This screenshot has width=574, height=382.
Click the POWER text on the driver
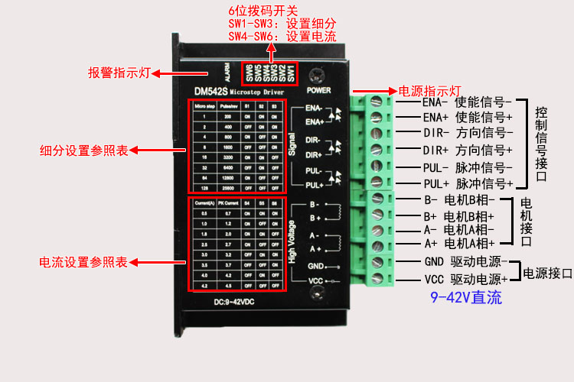pyautogui.click(x=319, y=89)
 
